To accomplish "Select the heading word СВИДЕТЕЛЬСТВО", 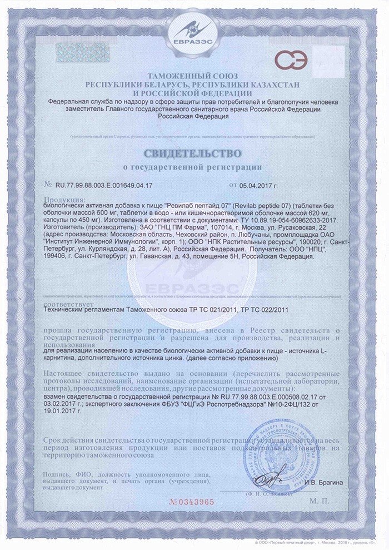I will pyautogui.click(x=194, y=152).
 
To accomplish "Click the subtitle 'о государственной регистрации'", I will pyautogui.click(x=194, y=166).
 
